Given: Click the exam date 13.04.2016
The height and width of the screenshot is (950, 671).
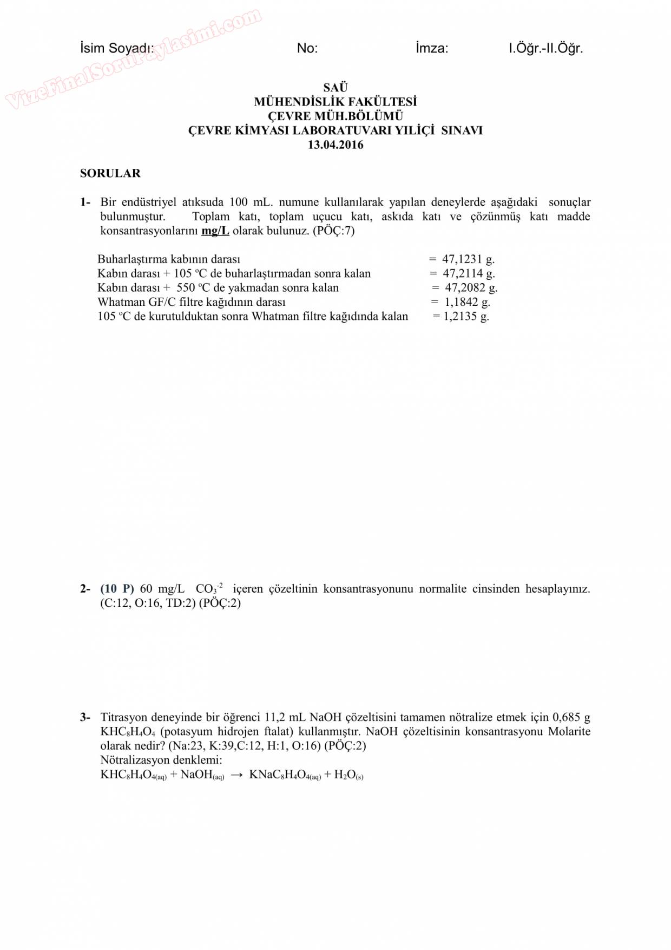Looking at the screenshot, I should [x=335, y=145].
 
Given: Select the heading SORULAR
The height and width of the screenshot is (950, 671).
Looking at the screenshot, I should [x=110, y=173].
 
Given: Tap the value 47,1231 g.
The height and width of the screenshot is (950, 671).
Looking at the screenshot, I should [x=468, y=259].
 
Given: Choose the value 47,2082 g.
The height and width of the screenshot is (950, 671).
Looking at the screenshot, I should [x=471, y=288].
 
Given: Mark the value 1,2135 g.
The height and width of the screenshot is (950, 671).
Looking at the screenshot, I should [x=466, y=317].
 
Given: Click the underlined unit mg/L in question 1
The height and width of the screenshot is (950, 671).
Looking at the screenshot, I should [x=215, y=231].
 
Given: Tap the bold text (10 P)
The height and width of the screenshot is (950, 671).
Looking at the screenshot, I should [x=117, y=589].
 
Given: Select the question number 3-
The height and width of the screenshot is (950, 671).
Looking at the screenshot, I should [x=85, y=718].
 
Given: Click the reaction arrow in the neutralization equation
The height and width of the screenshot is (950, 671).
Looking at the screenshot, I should [x=236, y=775].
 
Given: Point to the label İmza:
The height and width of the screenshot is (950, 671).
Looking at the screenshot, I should [x=432, y=48].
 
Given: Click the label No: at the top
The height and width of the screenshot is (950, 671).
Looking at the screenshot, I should [x=307, y=48].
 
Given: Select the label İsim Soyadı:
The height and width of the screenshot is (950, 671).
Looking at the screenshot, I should [x=117, y=48].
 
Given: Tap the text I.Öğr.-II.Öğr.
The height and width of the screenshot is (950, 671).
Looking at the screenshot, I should [x=545, y=48].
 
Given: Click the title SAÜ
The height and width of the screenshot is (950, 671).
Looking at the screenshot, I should [x=335, y=87].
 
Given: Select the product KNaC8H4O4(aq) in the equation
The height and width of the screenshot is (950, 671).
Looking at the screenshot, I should [x=285, y=775].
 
